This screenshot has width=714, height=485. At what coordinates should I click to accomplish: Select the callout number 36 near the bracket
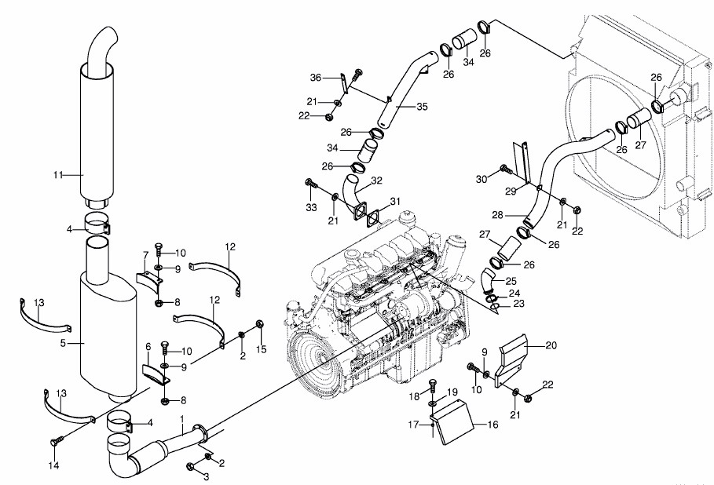[315, 77]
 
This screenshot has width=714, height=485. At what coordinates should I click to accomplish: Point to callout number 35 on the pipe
[422, 107]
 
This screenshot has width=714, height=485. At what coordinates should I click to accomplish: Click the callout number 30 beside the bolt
[481, 180]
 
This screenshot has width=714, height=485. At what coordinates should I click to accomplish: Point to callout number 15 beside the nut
[262, 348]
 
